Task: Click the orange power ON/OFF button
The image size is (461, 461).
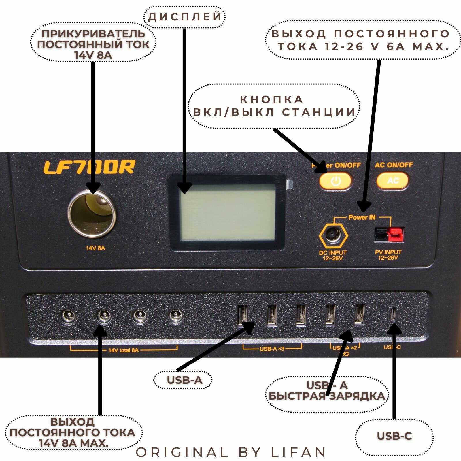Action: click(335, 181)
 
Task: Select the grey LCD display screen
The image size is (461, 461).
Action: click(227, 212)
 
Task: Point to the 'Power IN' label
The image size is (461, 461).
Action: click(362, 217)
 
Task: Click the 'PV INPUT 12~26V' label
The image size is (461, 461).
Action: click(388, 255)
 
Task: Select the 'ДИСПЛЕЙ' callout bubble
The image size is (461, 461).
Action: click(185, 17)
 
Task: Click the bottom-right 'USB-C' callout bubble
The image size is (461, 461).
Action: click(394, 436)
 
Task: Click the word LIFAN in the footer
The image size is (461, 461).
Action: click(298, 452)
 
